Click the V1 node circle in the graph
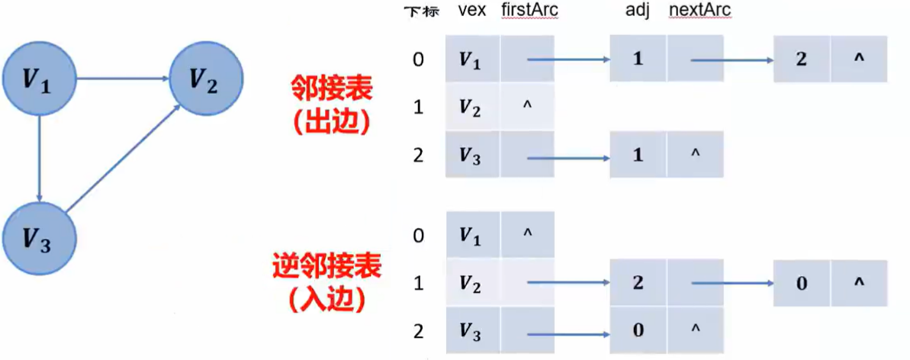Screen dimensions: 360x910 tap(37, 79)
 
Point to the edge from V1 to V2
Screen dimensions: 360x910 tap(122, 78)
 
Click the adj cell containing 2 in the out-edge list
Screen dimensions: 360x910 tap(801, 59)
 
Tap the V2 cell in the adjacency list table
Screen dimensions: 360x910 tap(473, 108)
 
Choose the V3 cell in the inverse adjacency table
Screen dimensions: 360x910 tap(473, 329)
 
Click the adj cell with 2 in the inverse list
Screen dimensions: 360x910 tap(638, 281)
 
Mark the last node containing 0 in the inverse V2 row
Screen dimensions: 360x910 tap(801, 281)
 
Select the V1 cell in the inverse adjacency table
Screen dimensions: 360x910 tap(473, 235)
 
